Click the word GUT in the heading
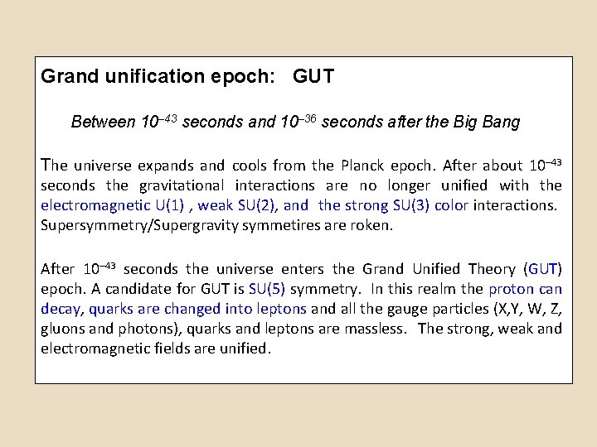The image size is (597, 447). pos(313,77)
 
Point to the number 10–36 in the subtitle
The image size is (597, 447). pos(298,122)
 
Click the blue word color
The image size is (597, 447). pos(451,205)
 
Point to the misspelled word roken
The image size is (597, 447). pos(372,225)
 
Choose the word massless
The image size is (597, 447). pos(377,329)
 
